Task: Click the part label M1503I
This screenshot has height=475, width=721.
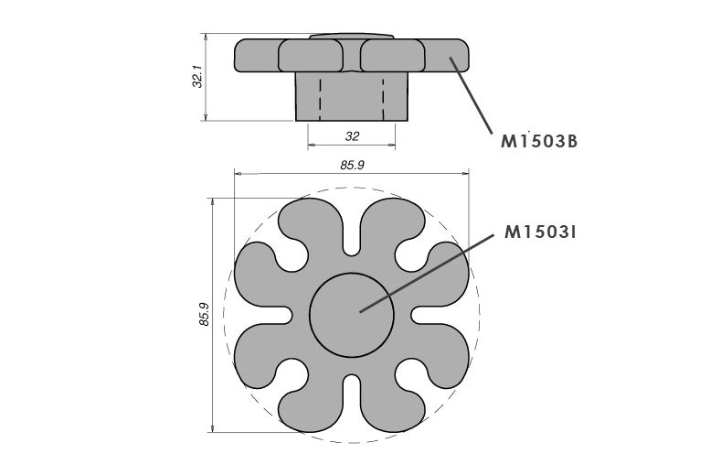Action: [x=540, y=232]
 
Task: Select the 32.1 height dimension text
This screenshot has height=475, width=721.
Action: [x=197, y=77]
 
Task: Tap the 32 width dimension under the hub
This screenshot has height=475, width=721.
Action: [x=352, y=135]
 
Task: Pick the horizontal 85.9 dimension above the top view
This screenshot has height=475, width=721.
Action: [x=353, y=166]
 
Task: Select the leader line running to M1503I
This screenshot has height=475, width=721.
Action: [x=429, y=271]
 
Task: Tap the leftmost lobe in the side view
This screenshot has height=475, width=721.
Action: [x=256, y=56]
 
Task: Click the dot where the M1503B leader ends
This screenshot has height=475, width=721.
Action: [x=450, y=59]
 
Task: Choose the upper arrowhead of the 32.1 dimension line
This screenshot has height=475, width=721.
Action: [x=207, y=38]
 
